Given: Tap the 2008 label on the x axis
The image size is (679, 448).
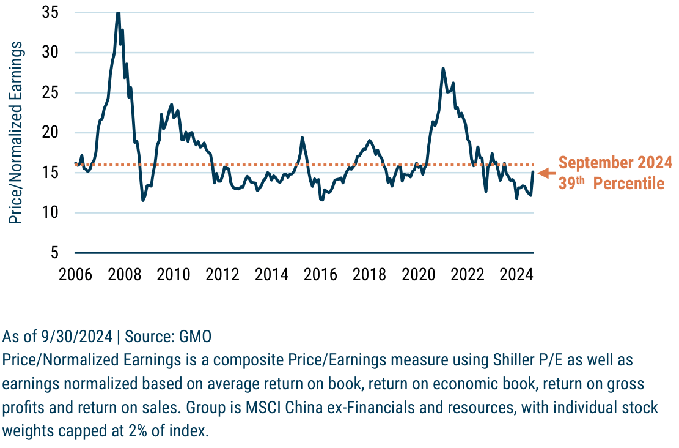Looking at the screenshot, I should pyautogui.click(x=125, y=274).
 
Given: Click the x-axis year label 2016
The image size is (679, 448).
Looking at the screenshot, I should pyautogui.click(x=320, y=274).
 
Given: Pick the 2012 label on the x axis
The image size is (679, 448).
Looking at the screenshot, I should pyautogui.click(x=222, y=274).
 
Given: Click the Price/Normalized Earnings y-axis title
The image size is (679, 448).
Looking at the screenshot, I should pyautogui.click(x=16, y=132).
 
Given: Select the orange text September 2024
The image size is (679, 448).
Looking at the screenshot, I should pyautogui.click(x=615, y=163).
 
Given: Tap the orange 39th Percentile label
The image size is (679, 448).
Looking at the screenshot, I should pyautogui.click(x=611, y=183).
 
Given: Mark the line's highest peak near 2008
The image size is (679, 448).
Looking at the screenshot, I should pyautogui.click(x=118, y=12).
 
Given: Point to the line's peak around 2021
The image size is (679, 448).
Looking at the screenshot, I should pyautogui.click(x=443, y=68).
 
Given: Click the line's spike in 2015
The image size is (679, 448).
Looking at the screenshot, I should pyautogui.click(x=302, y=138).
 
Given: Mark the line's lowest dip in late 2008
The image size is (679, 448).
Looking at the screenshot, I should pyautogui.click(x=143, y=200).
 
